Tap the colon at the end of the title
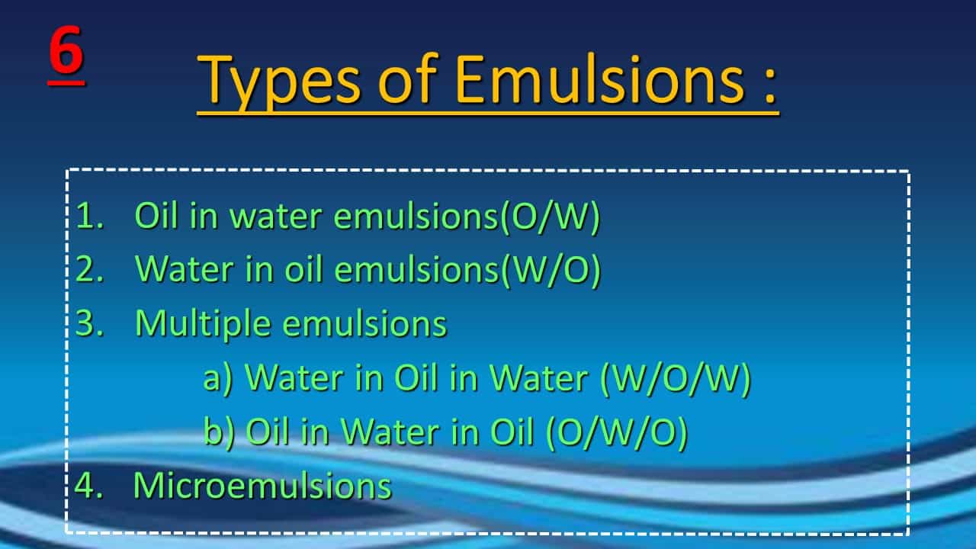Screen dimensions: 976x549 [770, 84]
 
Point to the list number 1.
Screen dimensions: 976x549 [90, 215]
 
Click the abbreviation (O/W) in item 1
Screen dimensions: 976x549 [550, 216]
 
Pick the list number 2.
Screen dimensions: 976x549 [90, 269]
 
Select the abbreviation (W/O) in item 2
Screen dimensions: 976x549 [551, 270]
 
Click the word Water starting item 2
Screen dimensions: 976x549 [185, 269]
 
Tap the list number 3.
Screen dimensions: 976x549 [90, 323]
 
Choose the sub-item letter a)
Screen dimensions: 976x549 [219, 378]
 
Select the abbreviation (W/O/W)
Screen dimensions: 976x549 [676, 378]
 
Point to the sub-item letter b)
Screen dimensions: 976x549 [219, 432]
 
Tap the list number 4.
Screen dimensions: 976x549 [89, 486]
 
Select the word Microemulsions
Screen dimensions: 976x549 [262, 486]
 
